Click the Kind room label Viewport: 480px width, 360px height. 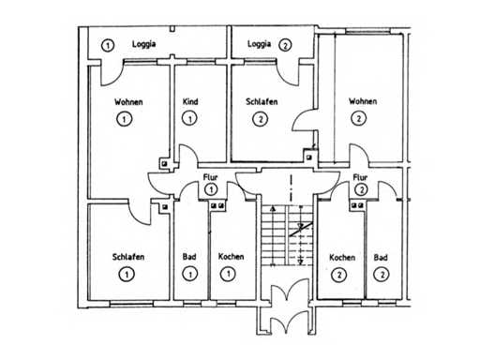(x=190, y=101)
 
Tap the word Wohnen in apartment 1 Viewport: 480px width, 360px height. (x=128, y=102)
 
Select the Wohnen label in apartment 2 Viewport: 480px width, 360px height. (x=363, y=101)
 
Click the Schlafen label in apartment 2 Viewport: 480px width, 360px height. (x=262, y=101)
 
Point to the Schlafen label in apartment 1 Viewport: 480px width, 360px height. (x=128, y=257)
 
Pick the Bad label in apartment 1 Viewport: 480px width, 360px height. (x=189, y=257)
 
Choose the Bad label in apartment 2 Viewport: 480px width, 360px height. (x=381, y=258)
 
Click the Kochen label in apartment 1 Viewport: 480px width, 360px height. (x=231, y=257)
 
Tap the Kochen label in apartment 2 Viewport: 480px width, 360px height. (x=342, y=258)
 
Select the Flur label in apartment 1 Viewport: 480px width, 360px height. (x=210, y=177)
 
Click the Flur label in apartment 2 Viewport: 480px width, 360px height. (x=360, y=177)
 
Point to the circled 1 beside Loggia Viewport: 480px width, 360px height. (x=108, y=45)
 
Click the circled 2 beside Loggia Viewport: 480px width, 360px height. (x=285, y=45)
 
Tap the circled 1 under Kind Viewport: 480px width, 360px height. (x=189, y=119)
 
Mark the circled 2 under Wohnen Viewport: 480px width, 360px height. (x=358, y=119)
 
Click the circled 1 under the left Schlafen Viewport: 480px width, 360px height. (x=127, y=275)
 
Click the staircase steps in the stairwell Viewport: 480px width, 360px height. (x=287, y=235)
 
